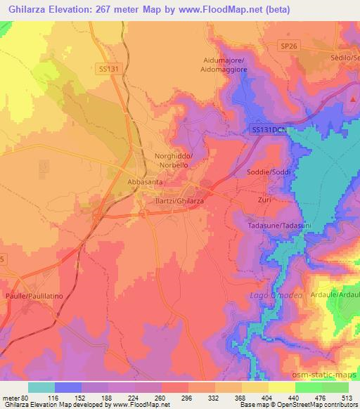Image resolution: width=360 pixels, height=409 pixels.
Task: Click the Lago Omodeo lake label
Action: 276,296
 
